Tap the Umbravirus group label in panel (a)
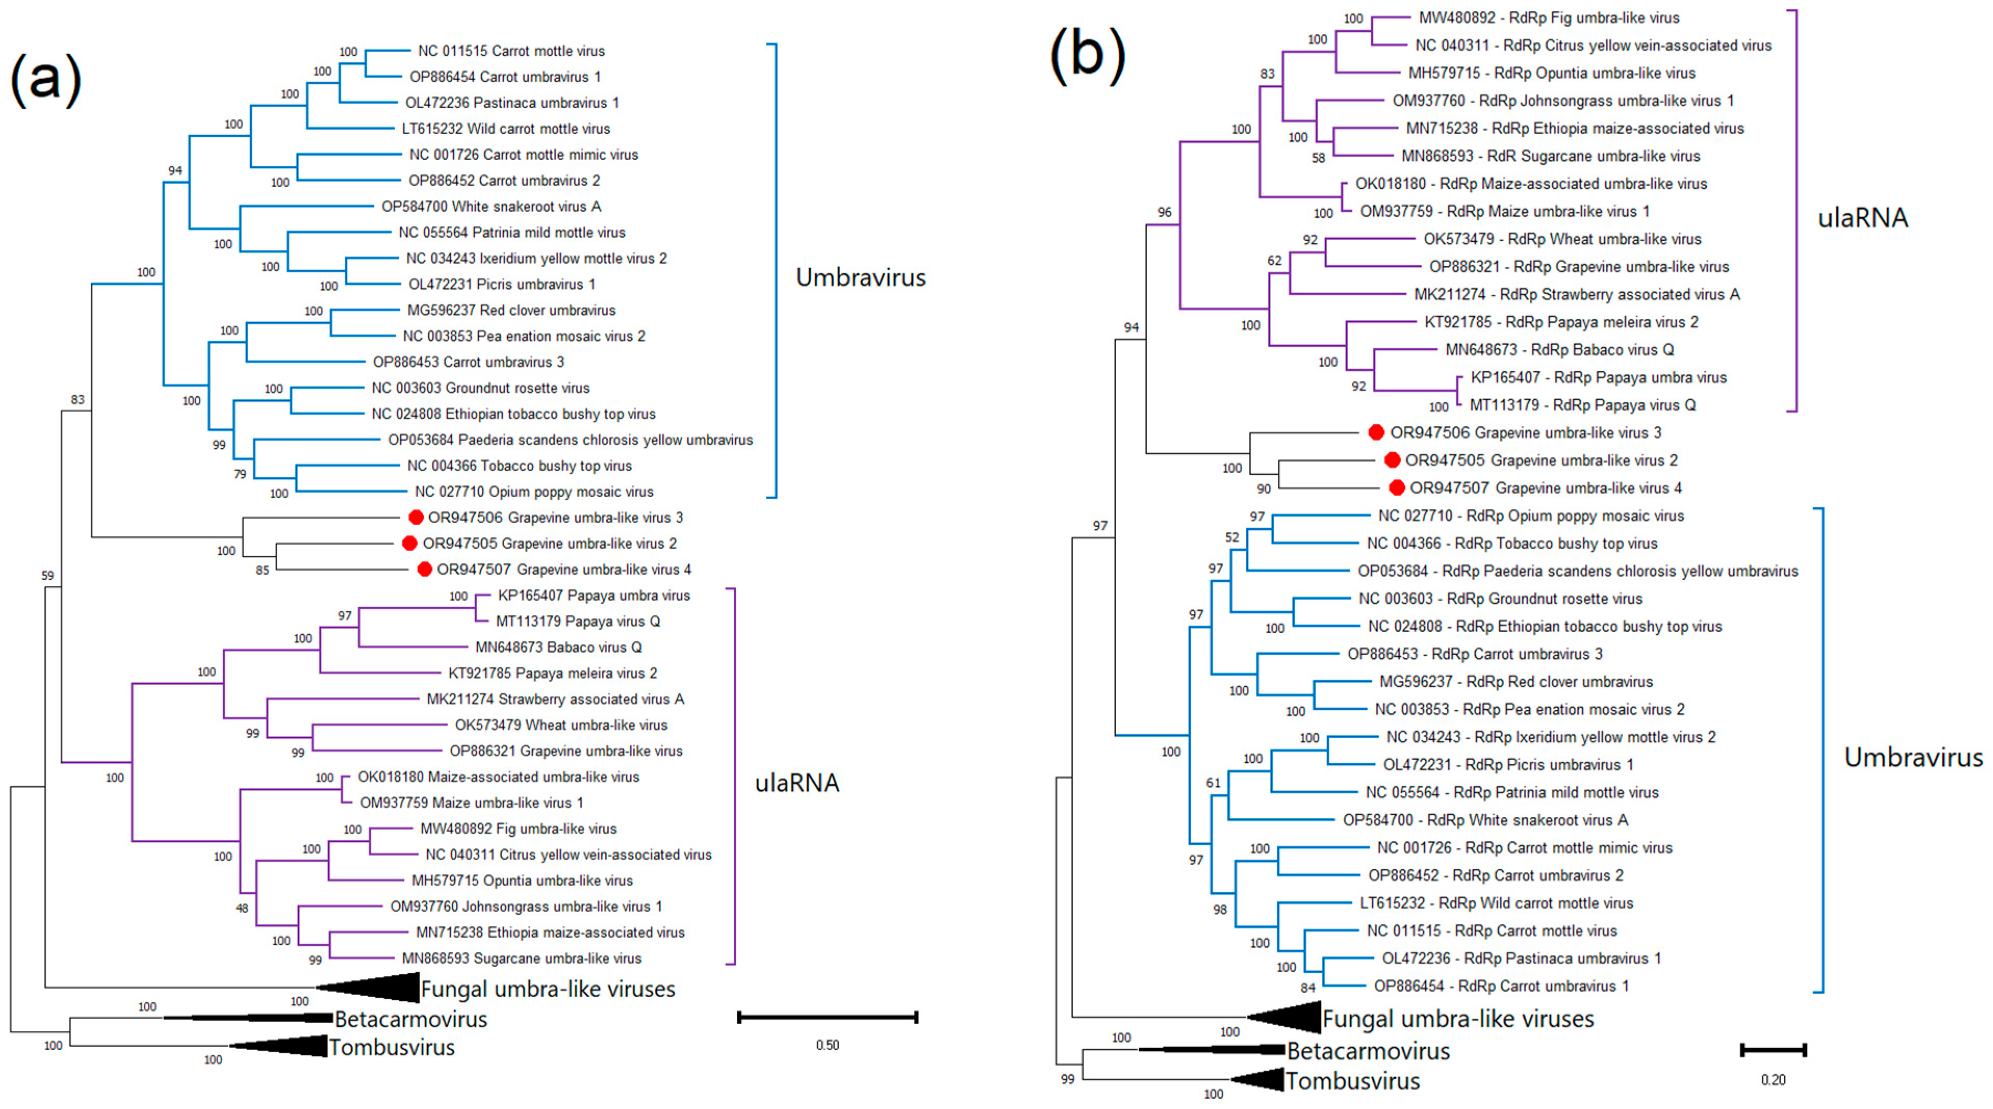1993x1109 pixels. [x=860, y=277]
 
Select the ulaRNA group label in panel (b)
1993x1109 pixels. [x=1862, y=218]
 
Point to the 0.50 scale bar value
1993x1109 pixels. [x=827, y=1045]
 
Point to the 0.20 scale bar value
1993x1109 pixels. [x=1772, y=1079]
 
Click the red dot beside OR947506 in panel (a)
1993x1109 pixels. [x=416, y=517]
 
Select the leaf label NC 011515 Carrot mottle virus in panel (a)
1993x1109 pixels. [x=511, y=51]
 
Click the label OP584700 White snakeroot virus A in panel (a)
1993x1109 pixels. [x=491, y=206]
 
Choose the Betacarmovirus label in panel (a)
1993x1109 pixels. [x=411, y=1019]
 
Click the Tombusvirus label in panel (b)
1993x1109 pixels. [x=1353, y=1080]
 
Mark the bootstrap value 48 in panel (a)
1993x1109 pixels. [x=242, y=908]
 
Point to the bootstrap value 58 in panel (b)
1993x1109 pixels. [x=1318, y=158]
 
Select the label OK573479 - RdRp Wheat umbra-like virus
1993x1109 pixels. [x=1562, y=239]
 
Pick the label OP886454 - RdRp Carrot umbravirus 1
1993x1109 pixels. [x=1501, y=986]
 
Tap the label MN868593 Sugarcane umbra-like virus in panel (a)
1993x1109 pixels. [x=521, y=958]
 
